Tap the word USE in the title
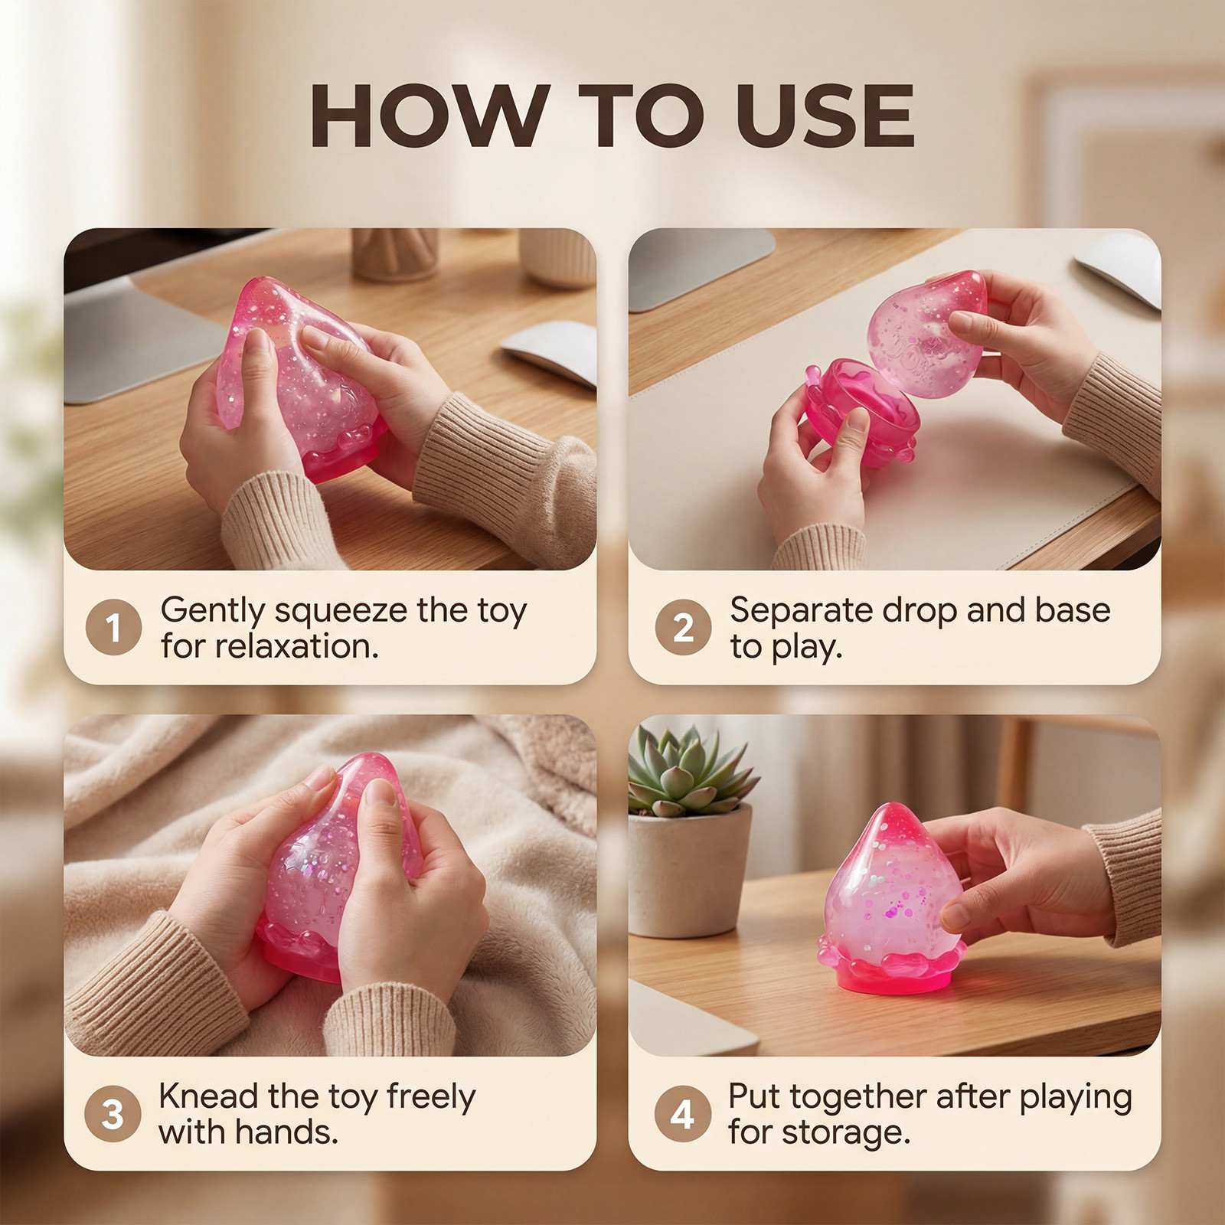[x=825, y=116]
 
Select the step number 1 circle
[x=113, y=627]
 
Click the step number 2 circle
[x=683, y=627]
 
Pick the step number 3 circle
[x=113, y=1113]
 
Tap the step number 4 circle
[x=682, y=1113]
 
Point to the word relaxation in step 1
[x=296, y=647]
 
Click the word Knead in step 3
[x=208, y=1096]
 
